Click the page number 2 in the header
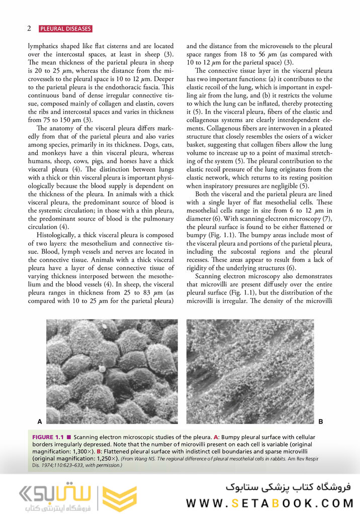pyautogui.click(x=29, y=29)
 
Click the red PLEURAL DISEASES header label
pyautogui.click(x=65, y=29)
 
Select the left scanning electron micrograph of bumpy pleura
pyautogui.click(x=112, y=371)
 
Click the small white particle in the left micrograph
pyautogui.click(x=102, y=368)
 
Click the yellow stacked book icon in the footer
pyautogui.click(x=119, y=498)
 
